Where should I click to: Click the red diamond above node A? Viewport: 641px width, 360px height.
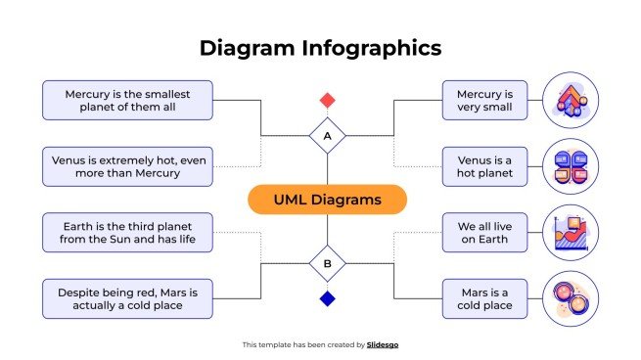(x=328, y=100)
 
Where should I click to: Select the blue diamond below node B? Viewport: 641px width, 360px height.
(x=328, y=298)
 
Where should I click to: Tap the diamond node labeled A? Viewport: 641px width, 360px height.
(x=328, y=136)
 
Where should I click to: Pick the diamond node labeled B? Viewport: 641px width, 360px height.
(x=328, y=263)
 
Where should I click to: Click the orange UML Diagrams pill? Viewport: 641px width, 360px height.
(x=327, y=200)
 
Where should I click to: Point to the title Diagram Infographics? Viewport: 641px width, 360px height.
(x=320, y=47)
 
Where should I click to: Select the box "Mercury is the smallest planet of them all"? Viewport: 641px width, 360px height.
(x=127, y=100)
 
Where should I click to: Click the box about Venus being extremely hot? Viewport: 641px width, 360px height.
(x=127, y=166)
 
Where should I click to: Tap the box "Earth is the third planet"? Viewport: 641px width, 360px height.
(x=127, y=233)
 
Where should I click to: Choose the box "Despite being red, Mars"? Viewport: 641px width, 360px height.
(x=127, y=298)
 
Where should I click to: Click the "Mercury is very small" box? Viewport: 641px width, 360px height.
(x=484, y=100)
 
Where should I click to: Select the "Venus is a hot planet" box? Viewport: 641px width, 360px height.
(x=484, y=166)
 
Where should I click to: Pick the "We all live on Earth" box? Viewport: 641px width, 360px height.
(x=484, y=233)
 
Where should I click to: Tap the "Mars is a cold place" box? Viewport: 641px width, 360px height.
(x=484, y=298)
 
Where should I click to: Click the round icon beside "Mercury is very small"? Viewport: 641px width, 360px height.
(x=570, y=100)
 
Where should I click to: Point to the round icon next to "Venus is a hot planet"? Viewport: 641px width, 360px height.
(x=570, y=166)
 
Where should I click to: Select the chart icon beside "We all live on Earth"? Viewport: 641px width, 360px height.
(x=570, y=233)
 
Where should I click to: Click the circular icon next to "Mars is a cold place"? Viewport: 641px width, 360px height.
(x=570, y=298)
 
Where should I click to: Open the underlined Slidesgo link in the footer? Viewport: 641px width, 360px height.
(x=383, y=344)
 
